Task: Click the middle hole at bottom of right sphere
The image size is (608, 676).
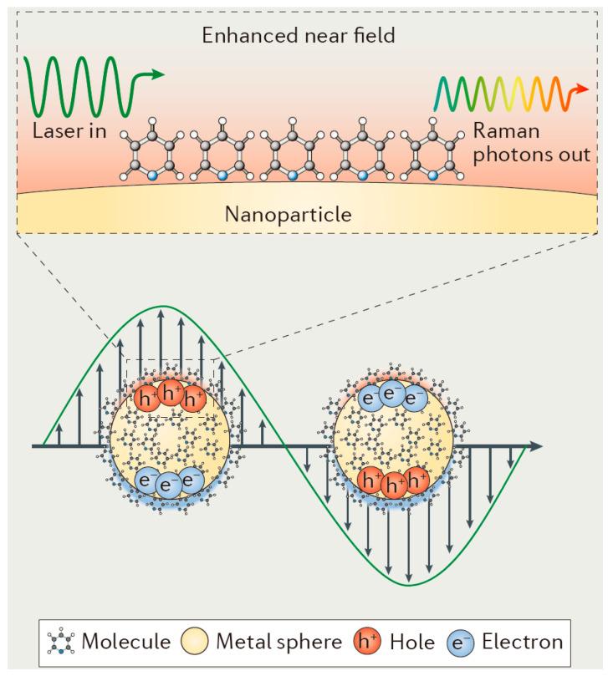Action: [x=393, y=483]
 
